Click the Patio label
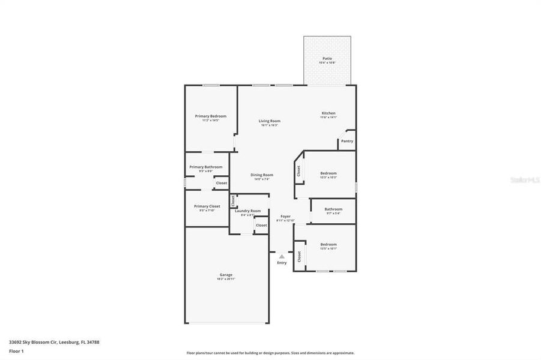point(327,58)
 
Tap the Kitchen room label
point(328,113)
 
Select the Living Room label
point(270,121)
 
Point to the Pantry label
point(346,141)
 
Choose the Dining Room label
point(262,175)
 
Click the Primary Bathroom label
point(205,167)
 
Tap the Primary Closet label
point(207,206)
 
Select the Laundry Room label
point(247,211)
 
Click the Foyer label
point(286,216)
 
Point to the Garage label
point(226,275)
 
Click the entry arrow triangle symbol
point(282,256)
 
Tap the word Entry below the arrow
point(282,263)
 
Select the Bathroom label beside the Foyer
point(333,209)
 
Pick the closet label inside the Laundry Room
point(261,225)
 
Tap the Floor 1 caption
point(16,350)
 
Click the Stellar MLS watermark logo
point(523,179)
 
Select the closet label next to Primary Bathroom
point(222,182)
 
